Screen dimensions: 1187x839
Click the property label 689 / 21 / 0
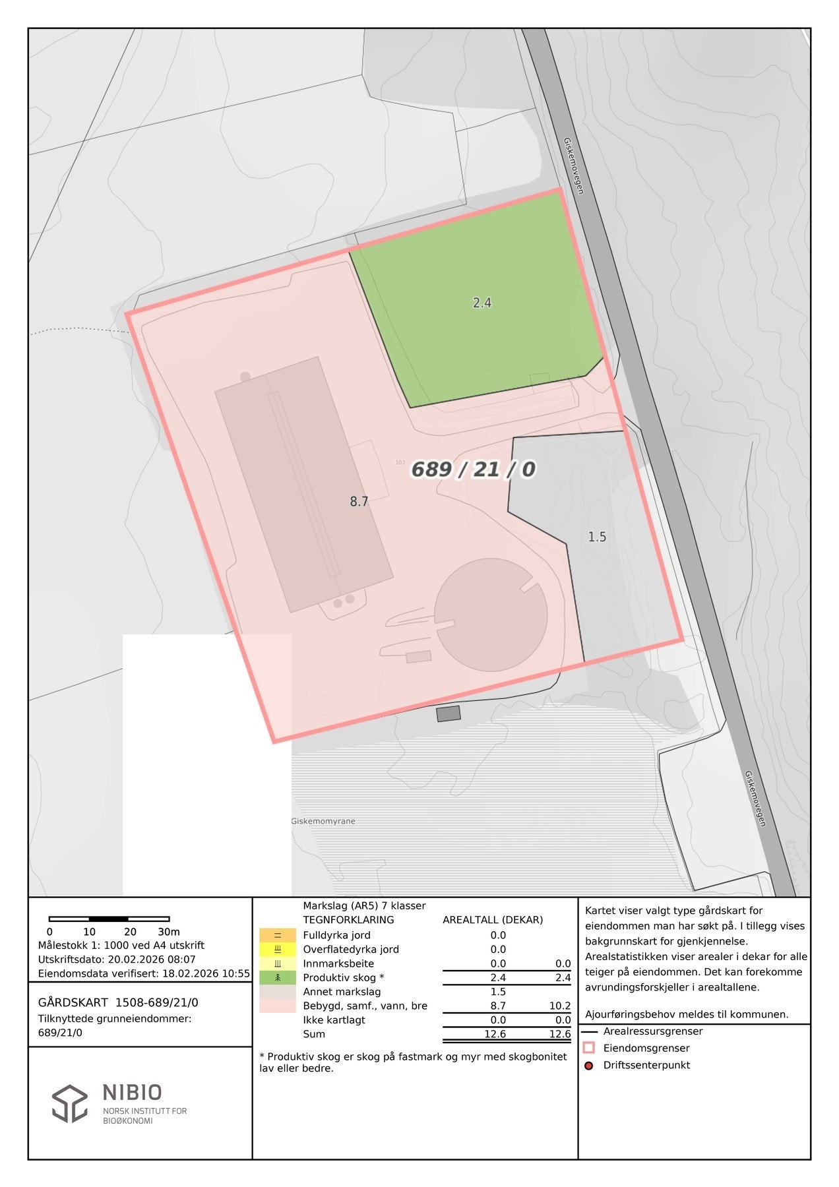pyautogui.click(x=473, y=470)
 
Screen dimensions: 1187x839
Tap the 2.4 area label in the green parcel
pyautogui.click(x=482, y=303)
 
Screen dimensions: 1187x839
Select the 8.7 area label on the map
pyautogui.click(x=359, y=502)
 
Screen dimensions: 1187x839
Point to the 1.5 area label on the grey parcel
pyautogui.click(x=597, y=537)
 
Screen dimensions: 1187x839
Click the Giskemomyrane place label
pyautogui.click(x=323, y=821)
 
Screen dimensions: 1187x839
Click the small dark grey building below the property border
pyautogui.click(x=449, y=714)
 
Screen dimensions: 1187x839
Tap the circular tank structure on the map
pyautogui.click(x=491, y=615)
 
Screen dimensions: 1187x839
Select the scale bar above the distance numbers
pyautogui.click(x=109, y=919)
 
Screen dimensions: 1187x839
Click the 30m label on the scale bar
pyautogui.click(x=169, y=932)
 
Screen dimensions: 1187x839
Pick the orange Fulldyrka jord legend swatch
pyautogui.click(x=278, y=935)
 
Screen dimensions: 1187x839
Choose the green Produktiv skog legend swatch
pyautogui.click(x=278, y=977)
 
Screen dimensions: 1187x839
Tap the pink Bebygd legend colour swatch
pyautogui.click(x=278, y=1006)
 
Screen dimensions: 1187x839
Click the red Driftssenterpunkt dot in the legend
pyautogui.click(x=589, y=1065)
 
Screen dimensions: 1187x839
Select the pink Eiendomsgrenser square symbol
pyautogui.click(x=589, y=1048)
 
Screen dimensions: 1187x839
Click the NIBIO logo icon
pyautogui.click(x=70, y=1103)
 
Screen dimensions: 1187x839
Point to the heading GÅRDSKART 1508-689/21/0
pyautogui.click(x=118, y=1002)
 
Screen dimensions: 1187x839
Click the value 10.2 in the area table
pyautogui.click(x=560, y=1006)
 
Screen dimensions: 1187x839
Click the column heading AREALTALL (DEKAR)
pyautogui.click(x=493, y=920)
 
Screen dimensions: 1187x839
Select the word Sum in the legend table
pyautogui.click(x=314, y=1034)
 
